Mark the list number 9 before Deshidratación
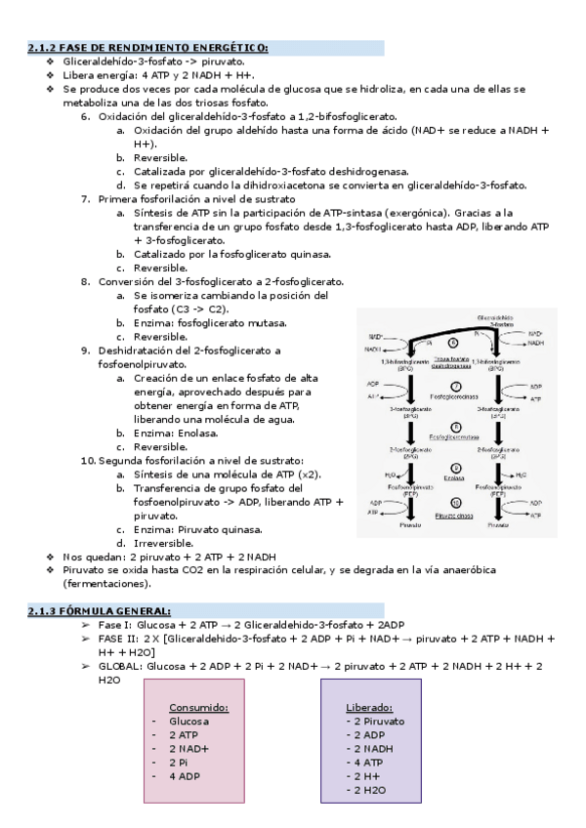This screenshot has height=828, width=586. [86, 350]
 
